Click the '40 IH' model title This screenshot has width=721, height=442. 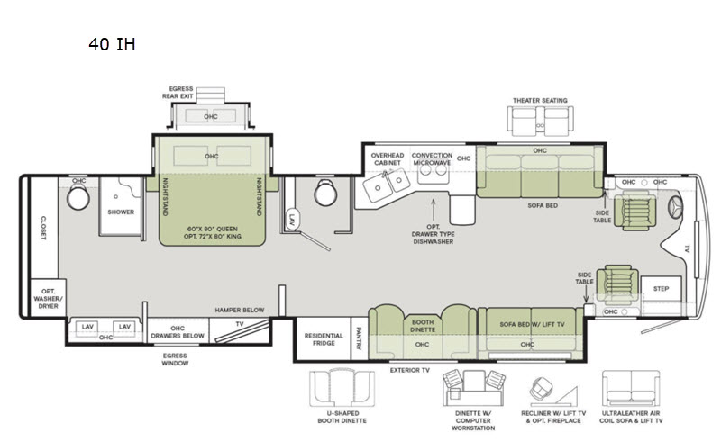(x=112, y=44)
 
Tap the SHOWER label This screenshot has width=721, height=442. (x=121, y=212)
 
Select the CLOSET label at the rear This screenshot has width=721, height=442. (x=43, y=228)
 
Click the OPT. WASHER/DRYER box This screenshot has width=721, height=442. (x=49, y=298)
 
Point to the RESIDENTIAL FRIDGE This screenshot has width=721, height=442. (x=324, y=339)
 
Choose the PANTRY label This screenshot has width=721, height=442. (x=359, y=338)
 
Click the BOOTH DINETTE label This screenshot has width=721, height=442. (x=423, y=326)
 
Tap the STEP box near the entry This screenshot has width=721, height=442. (x=661, y=289)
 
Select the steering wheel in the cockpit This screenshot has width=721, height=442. (x=675, y=208)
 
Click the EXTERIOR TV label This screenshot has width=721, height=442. (x=410, y=370)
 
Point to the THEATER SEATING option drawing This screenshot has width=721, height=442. (x=540, y=121)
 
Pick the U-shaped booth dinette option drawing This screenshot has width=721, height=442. (x=342, y=388)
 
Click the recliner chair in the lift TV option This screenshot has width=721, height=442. (x=542, y=389)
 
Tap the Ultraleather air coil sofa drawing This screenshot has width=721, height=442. (x=631, y=388)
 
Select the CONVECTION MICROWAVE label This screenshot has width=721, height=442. (x=432, y=159)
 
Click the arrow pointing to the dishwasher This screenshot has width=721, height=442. (x=434, y=210)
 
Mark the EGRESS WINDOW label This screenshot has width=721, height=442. (x=175, y=359)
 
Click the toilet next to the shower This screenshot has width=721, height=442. (x=78, y=198)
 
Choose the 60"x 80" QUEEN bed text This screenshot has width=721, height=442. (x=213, y=229)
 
